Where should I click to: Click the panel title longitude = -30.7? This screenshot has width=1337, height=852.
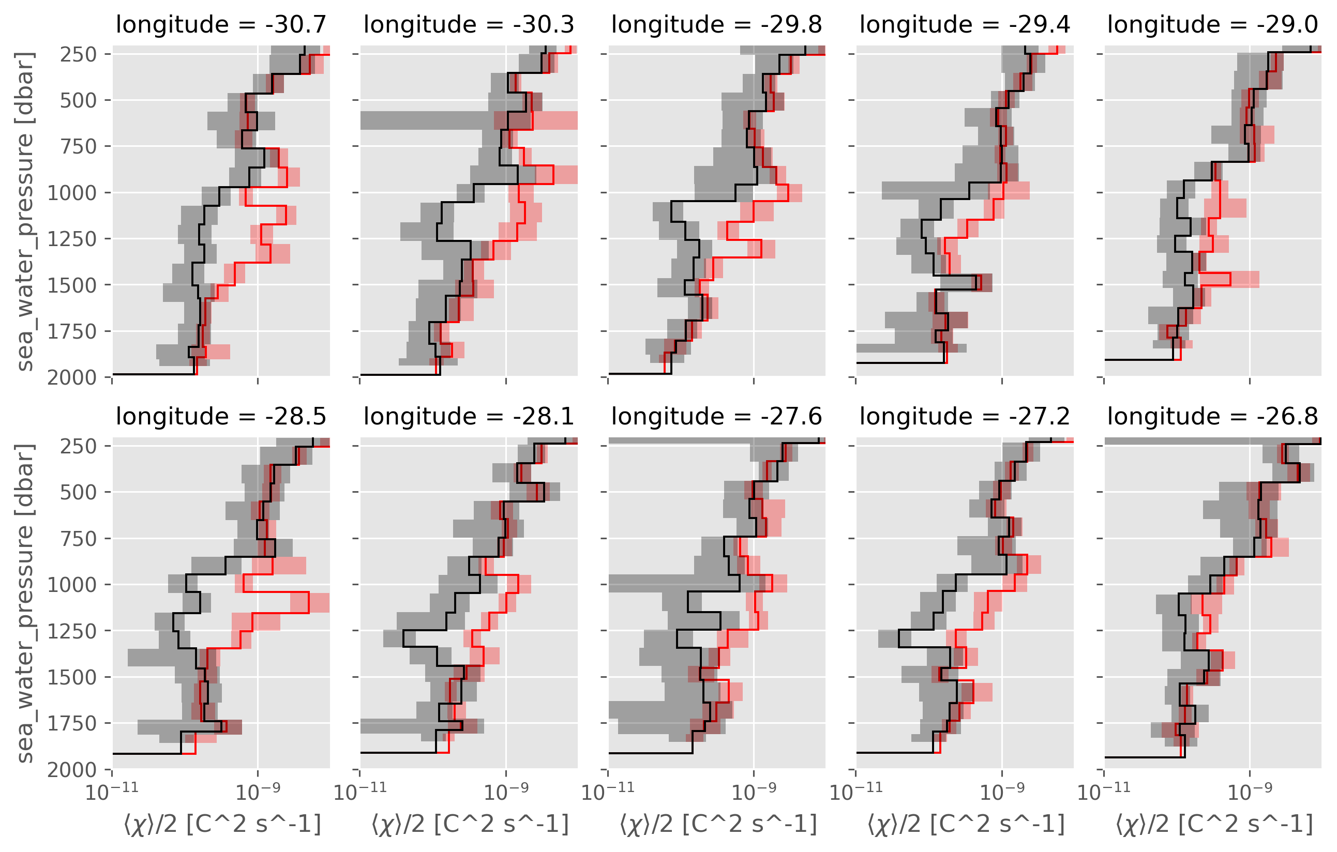pos(221,25)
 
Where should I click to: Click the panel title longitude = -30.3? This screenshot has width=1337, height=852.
pos(469,25)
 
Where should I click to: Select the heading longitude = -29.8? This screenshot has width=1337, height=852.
pos(717,25)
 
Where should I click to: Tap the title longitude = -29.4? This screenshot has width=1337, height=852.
pos(965,25)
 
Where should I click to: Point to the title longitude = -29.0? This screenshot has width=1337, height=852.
pos(1213,25)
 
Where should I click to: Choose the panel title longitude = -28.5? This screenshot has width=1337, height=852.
pos(221,417)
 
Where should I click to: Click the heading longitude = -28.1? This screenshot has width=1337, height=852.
pos(469,417)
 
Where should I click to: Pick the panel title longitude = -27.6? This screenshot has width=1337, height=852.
pos(717,417)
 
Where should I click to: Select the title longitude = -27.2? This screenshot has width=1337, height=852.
pos(965,417)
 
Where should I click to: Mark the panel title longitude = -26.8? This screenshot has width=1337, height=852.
pos(1213,417)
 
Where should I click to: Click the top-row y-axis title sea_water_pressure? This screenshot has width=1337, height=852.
pos(25,211)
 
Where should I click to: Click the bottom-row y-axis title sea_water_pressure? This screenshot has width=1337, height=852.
pos(25,603)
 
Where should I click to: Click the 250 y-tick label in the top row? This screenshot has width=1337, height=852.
pos(78,54)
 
